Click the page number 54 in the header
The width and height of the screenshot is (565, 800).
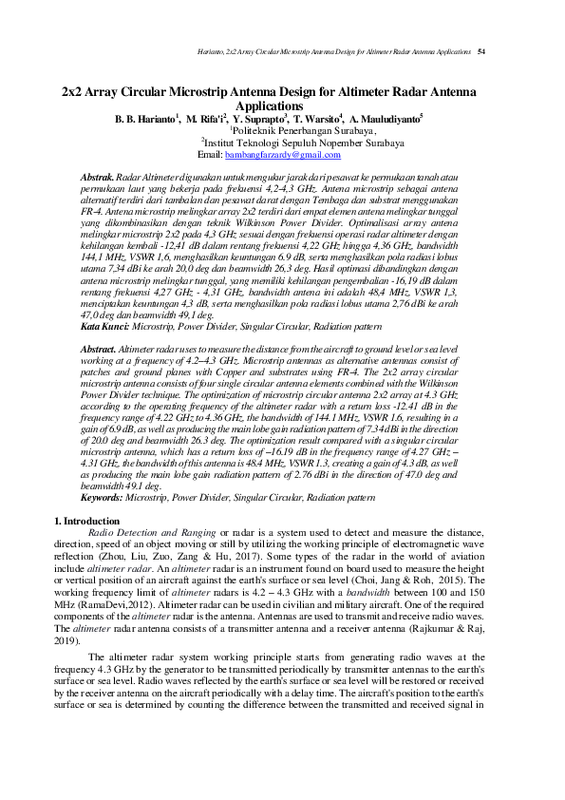point(481,50)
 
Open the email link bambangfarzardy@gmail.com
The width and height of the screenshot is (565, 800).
point(269,155)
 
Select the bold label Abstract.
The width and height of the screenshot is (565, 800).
point(99,351)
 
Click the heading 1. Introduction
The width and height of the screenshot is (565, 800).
point(87,521)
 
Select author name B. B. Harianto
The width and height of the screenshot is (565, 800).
point(145,120)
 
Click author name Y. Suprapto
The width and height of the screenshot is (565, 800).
point(258,120)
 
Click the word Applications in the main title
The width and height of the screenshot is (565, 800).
point(282,107)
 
